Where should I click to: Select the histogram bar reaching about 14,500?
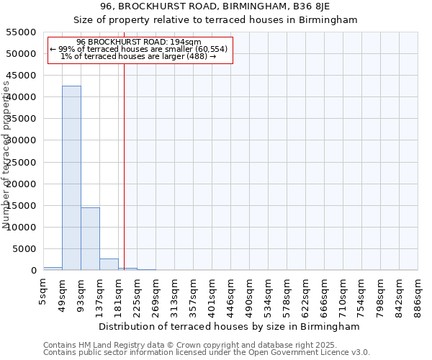click(x=90, y=238)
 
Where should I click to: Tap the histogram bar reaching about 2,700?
click(x=109, y=264)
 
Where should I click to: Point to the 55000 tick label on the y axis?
click(x=22, y=32)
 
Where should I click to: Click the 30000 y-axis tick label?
click(x=22, y=140)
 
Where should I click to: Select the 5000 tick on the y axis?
click(x=24, y=249)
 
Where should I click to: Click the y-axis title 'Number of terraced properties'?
click(x=6, y=155)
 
